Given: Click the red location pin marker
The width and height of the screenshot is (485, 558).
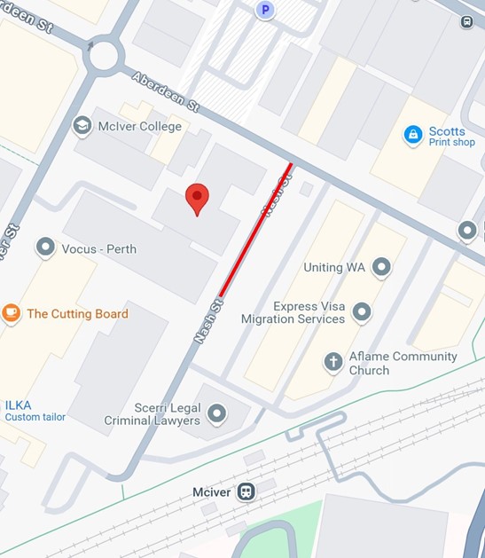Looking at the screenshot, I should [197, 199].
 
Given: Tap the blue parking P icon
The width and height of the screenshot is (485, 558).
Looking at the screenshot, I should [264, 11].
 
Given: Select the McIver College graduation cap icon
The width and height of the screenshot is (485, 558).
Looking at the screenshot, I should [83, 126].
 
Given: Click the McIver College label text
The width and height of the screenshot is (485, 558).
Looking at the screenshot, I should [140, 126].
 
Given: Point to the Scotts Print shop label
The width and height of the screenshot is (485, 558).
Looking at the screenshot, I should [451, 136].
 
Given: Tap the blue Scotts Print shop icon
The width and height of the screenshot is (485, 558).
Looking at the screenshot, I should [412, 135].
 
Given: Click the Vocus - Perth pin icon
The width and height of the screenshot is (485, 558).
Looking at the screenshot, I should [45, 248].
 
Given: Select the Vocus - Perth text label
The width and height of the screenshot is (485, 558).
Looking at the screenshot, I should [98, 248].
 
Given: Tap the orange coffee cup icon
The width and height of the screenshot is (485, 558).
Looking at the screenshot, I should [11, 313].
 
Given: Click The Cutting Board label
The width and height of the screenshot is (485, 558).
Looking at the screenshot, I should [77, 313].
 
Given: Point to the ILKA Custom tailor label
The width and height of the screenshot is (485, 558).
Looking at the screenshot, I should [35, 411].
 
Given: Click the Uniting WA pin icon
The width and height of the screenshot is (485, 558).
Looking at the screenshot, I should [381, 266].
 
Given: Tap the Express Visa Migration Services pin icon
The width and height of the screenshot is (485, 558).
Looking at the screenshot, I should [362, 311].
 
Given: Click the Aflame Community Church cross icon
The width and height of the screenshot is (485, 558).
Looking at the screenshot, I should [333, 362].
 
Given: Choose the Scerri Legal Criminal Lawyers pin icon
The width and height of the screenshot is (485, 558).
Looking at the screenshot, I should [216, 413].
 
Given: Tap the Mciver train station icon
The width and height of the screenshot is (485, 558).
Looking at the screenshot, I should [246, 491].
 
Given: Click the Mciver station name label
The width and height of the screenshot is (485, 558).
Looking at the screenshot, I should [211, 492].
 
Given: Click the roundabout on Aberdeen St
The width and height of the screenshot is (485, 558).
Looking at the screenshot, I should [104, 56].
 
